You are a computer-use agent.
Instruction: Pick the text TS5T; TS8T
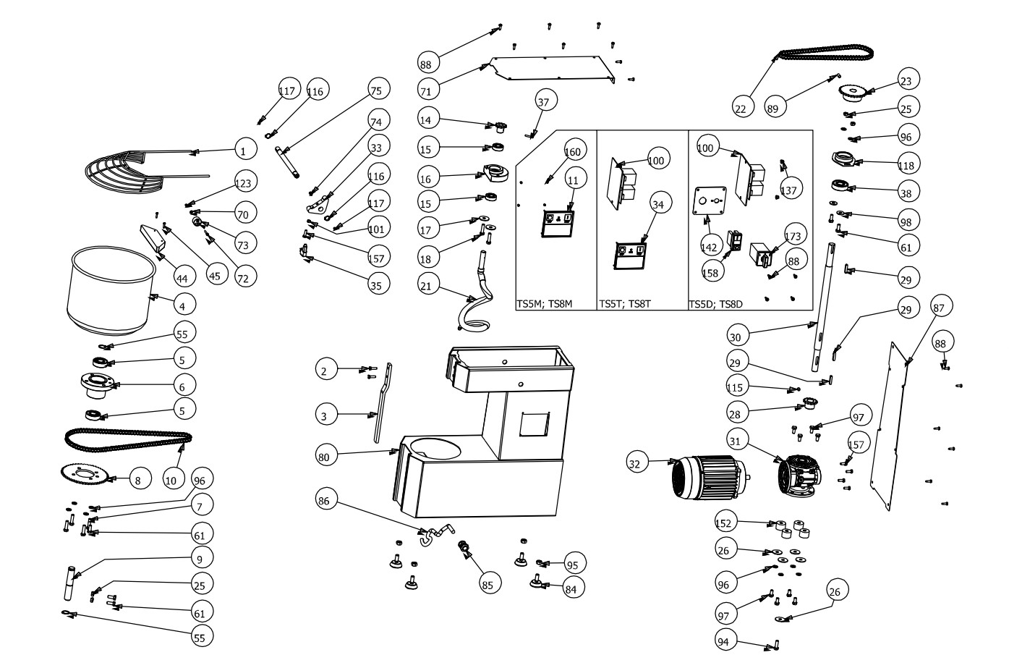click(x=625, y=305)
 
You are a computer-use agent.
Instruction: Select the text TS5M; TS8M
click(x=544, y=305)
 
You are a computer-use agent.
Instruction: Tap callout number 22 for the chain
click(x=740, y=109)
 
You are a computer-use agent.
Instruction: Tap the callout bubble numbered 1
click(x=244, y=151)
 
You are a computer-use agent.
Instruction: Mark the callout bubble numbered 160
click(x=572, y=152)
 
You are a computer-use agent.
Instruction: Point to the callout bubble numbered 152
click(x=724, y=523)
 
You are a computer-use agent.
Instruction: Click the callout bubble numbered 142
click(x=710, y=247)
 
